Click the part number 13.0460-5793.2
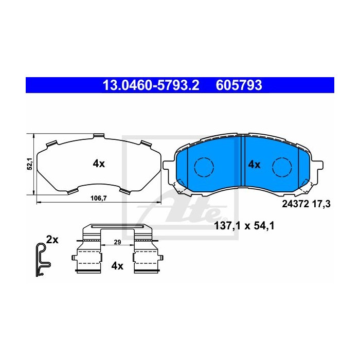151,85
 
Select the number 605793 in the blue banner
239,85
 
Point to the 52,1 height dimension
30,164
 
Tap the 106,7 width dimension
99,198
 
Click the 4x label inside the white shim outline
99,164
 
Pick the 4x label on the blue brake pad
255,165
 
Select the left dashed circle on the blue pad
204,167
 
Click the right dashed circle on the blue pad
282,167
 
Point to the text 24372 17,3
306,204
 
